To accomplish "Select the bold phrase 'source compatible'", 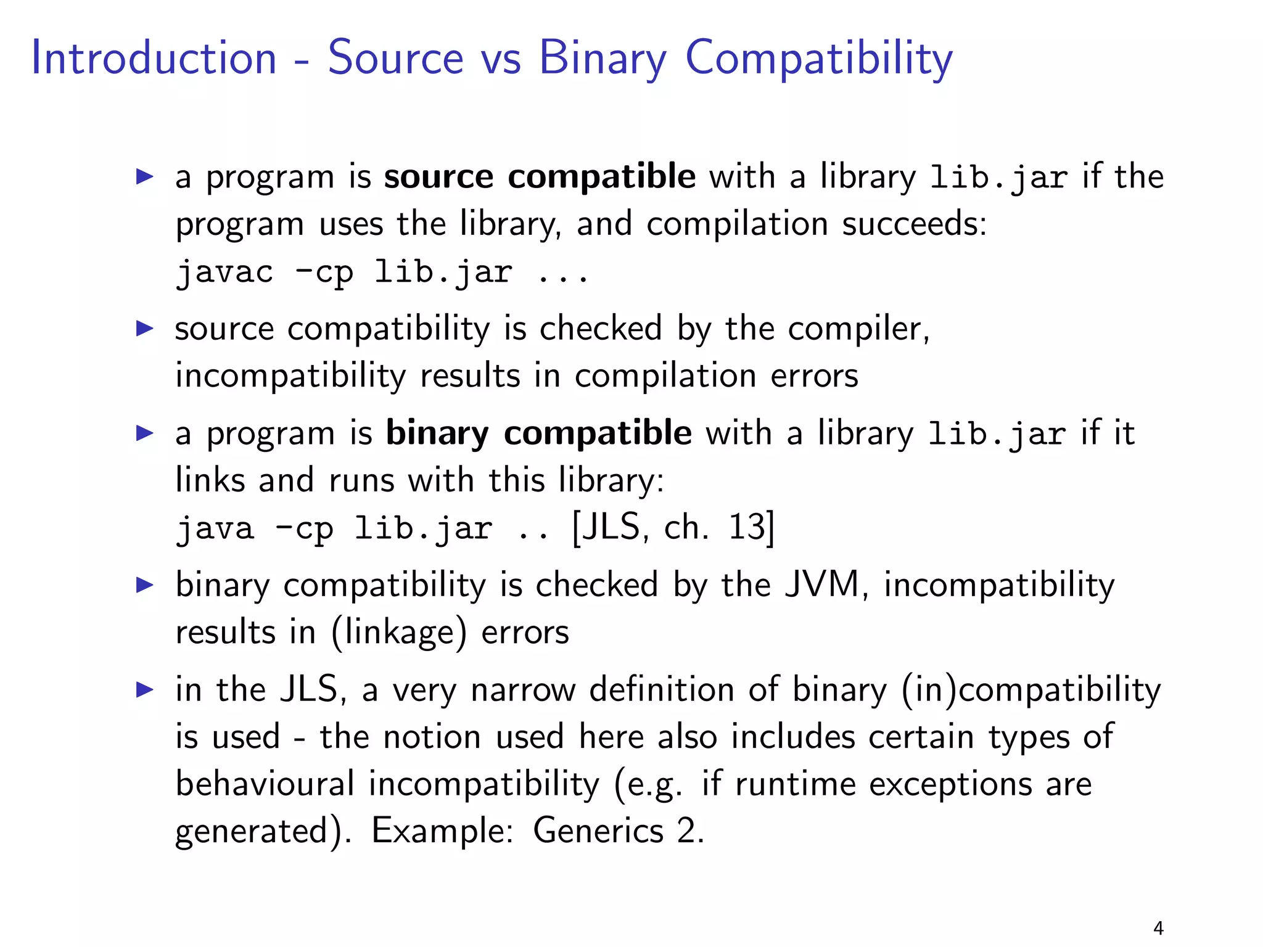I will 540,177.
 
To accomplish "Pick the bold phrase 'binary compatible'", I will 538,433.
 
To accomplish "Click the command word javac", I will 224,273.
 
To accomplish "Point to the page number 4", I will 1158,928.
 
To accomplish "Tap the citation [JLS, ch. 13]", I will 673,528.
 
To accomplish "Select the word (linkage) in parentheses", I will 399,633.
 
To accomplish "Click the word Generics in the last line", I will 598,830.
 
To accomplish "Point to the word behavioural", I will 265,784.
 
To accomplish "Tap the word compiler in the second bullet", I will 858,329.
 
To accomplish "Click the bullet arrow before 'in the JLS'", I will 144,689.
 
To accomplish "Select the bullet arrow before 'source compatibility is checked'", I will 144,328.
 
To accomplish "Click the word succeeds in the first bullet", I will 914,224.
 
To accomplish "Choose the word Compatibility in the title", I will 819,59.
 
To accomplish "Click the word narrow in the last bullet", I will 523,690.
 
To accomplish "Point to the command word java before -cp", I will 215,529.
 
